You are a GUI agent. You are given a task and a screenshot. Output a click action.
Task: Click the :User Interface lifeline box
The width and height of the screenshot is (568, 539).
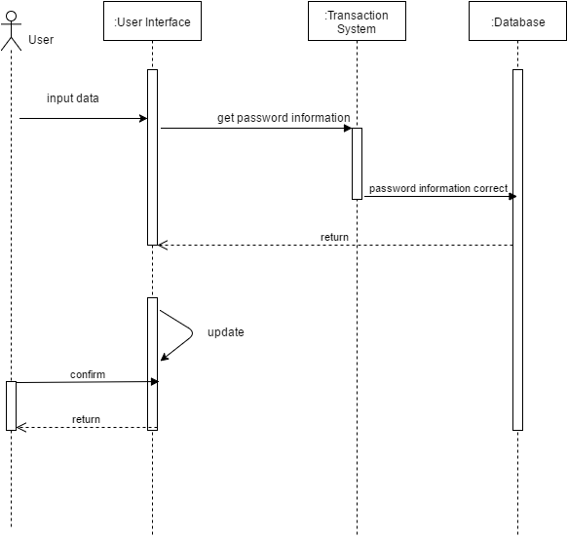[x=152, y=22]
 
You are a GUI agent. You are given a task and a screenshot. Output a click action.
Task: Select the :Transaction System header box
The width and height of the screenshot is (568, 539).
[x=356, y=22]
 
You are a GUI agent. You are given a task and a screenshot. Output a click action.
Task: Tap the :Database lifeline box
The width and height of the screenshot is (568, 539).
[x=517, y=22]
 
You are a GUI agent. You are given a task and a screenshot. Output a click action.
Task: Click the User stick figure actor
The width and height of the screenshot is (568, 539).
[x=12, y=31]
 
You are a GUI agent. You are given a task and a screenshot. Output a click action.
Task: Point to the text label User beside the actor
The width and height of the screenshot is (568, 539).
[x=41, y=40]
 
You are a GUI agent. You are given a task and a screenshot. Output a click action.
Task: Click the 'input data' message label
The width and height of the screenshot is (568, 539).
[x=72, y=98]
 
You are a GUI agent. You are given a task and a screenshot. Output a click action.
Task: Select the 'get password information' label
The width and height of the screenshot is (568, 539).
[x=284, y=118]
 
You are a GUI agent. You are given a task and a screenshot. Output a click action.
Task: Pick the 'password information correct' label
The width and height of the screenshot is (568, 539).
[x=438, y=188]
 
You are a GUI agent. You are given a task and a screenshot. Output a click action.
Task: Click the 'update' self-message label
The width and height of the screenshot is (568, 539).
[x=225, y=332]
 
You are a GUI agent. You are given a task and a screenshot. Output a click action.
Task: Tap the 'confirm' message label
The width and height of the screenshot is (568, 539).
[x=87, y=374]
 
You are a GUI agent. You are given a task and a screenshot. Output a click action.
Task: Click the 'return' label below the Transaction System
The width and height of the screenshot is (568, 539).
[x=334, y=237]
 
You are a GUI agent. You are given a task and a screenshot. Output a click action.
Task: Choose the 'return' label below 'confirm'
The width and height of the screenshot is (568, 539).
[x=86, y=420]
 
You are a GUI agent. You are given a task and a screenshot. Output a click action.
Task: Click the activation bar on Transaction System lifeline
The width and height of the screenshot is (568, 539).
[x=357, y=163]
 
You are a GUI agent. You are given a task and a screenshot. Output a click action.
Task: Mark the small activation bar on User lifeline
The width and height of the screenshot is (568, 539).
[x=12, y=404]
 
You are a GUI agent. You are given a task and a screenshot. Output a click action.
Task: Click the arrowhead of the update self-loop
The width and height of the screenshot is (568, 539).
[x=165, y=357]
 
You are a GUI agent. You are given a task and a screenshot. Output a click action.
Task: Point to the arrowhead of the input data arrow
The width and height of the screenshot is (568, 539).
[x=142, y=119]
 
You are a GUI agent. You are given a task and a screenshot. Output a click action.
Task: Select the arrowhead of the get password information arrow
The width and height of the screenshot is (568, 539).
[x=347, y=128]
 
